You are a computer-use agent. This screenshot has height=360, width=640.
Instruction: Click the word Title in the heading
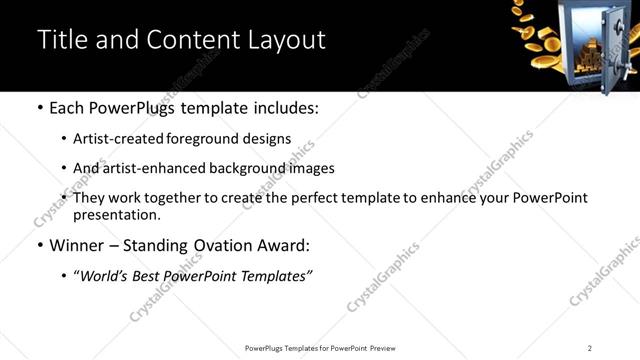coord(59,40)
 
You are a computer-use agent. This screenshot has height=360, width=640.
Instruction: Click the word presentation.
coord(117,214)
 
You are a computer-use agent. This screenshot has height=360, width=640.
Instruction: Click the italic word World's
coord(105,276)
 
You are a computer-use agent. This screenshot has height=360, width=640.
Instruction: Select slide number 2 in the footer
coord(590,348)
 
